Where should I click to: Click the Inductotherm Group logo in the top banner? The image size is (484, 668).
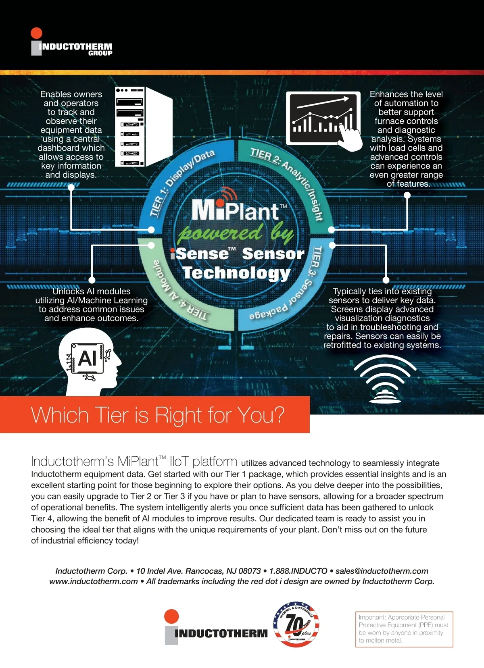click(71, 42)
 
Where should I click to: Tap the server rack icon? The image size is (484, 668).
click(143, 126)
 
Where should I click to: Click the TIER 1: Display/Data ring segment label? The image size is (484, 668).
click(181, 181)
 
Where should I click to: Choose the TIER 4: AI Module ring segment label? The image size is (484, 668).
click(177, 294)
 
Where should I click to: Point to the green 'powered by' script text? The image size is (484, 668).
click(236, 233)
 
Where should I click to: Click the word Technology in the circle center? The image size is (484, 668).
click(236, 273)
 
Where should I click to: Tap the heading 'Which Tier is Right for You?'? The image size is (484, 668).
click(158, 415)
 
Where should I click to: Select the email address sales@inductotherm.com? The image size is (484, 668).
click(382, 571)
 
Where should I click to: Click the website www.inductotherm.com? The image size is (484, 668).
click(94, 581)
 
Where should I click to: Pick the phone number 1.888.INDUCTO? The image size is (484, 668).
click(298, 571)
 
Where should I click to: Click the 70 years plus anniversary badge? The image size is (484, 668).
click(296, 624)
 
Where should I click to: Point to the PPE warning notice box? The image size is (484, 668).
click(404, 629)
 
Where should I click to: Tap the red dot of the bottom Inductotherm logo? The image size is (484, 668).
click(171, 616)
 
